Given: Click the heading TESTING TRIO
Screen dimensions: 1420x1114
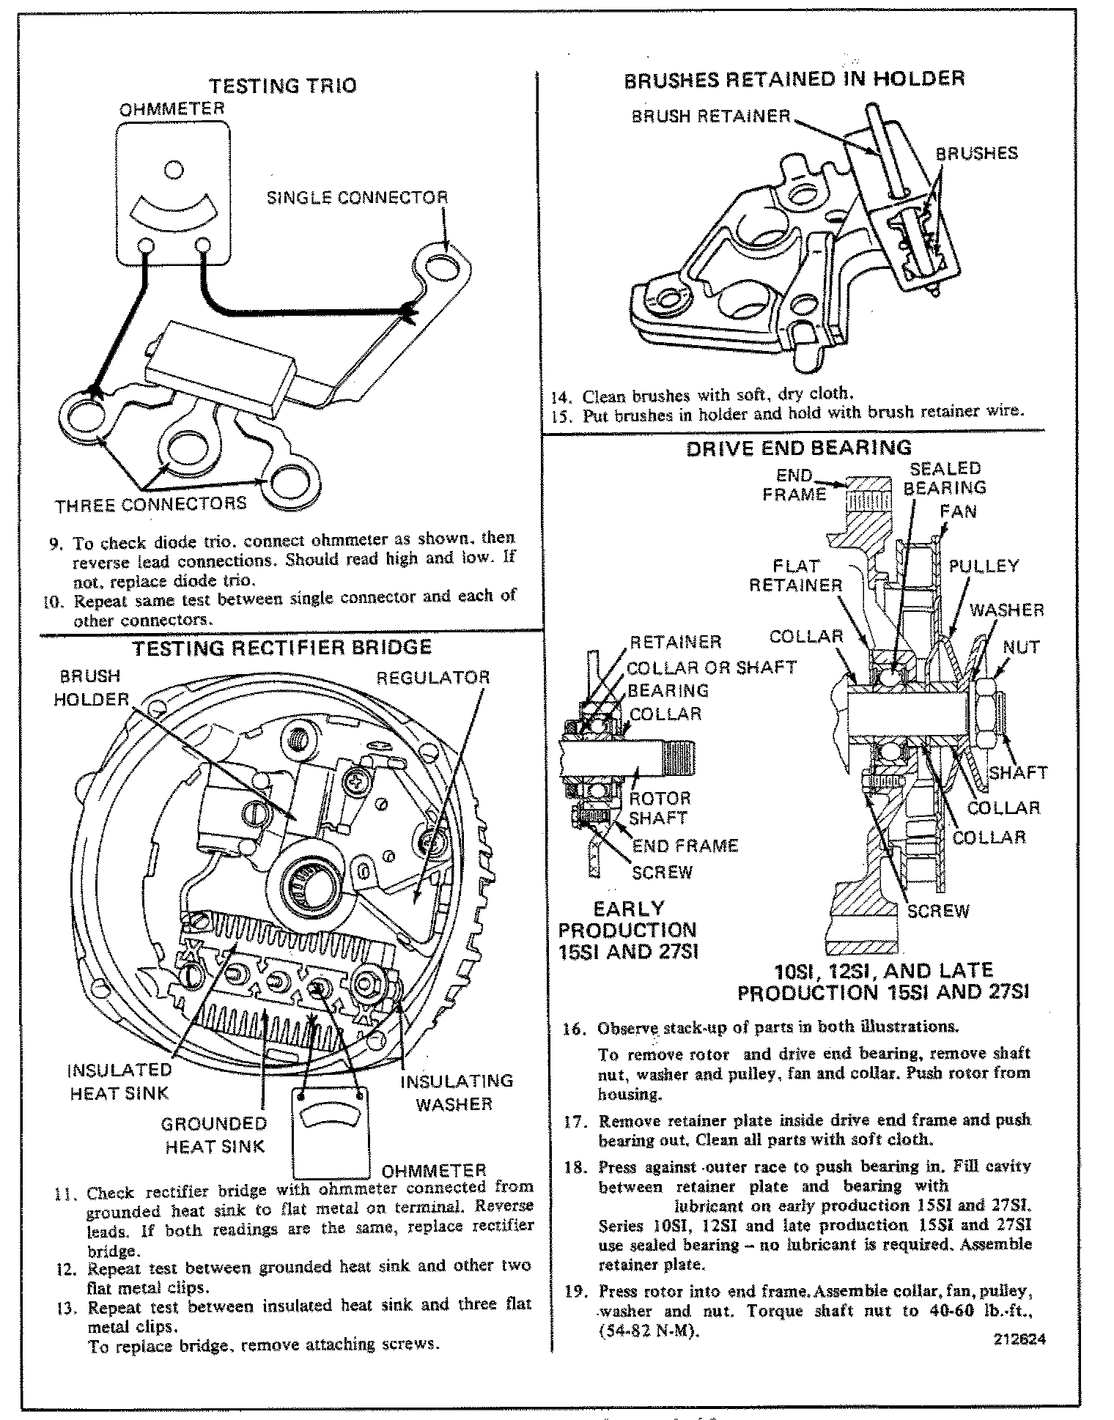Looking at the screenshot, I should click(283, 86).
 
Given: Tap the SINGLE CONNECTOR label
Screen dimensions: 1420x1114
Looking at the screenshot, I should click(356, 198).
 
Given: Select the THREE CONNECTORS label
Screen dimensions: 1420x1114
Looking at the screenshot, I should click(151, 505).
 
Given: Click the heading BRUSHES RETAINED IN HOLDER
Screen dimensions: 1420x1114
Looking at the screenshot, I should click(794, 79).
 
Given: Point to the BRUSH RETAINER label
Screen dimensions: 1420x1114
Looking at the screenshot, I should click(711, 116).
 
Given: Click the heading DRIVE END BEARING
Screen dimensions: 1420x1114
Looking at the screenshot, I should click(798, 448).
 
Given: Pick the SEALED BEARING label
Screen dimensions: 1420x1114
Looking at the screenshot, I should click(945, 478).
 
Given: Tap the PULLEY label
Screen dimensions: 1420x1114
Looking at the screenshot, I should click(984, 566).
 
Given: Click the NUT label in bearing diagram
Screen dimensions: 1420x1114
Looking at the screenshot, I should click(1020, 647).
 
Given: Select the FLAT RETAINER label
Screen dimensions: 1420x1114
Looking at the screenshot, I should click(796, 575).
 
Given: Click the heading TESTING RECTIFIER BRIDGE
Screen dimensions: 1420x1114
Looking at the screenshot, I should click(281, 648).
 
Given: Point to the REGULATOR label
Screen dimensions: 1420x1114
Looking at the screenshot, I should click(432, 677).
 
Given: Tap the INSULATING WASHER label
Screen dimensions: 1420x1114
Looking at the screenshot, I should click(456, 1092).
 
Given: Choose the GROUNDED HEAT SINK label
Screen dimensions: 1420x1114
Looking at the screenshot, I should click(214, 1135).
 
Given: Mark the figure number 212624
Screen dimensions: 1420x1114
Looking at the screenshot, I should click(1019, 1339).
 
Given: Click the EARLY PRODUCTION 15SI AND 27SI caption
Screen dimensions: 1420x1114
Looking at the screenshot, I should click(627, 930).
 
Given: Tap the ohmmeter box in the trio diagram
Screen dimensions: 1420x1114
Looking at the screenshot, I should click(174, 193).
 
